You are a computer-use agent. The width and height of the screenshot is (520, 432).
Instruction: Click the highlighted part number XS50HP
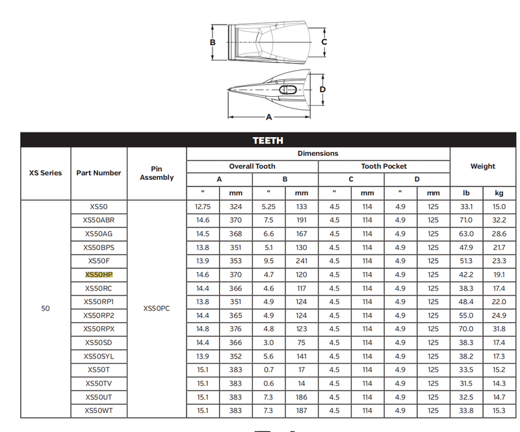[x=99, y=275]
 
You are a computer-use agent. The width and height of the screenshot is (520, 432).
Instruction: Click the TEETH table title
[x=268, y=140]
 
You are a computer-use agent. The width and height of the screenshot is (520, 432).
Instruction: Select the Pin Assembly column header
[x=157, y=173]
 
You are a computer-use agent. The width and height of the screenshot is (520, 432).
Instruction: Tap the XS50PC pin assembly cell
[x=157, y=309]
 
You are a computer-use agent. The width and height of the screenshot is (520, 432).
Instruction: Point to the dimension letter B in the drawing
[x=213, y=42]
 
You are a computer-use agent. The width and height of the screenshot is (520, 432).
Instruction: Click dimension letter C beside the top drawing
[x=324, y=42]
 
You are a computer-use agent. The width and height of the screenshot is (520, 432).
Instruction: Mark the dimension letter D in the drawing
[x=322, y=89]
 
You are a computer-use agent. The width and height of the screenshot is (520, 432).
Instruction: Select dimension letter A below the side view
[x=269, y=117]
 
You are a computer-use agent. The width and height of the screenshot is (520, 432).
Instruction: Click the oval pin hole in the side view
[x=288, y=90]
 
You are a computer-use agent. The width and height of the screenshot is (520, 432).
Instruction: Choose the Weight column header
[x=482, y=166]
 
